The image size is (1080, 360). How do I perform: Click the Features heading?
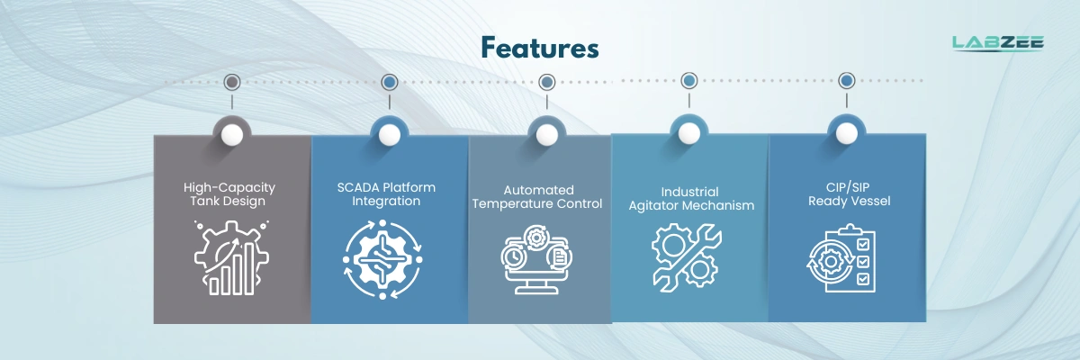pos(539,48)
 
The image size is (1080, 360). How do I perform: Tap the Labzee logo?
pos(997,42)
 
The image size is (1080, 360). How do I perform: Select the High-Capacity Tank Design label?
pos(229,194)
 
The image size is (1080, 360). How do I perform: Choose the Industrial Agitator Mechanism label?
pos(689,199)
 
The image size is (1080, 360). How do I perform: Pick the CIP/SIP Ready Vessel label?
pos(849,194)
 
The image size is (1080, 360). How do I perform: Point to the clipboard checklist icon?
pos(840,261)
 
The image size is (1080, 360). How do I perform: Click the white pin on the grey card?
pos(232,135)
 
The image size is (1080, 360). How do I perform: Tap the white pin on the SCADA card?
pos(390,135)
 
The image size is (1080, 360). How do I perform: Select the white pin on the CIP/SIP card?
pos(846,134)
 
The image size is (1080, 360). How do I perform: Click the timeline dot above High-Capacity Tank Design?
pos(232,83)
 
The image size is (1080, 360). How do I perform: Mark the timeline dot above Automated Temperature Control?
pos(546,82)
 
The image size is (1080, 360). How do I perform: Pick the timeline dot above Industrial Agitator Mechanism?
pos(688,81)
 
